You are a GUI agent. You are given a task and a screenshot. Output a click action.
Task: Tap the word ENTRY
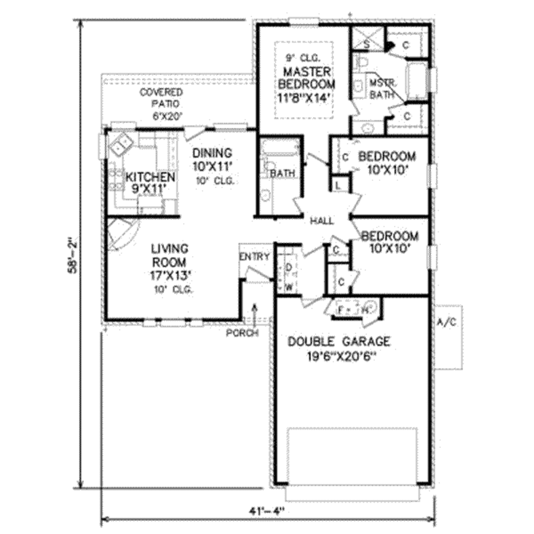pyautogui.click(x=255, y=257)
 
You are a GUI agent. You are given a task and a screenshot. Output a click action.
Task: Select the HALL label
pyautogui.click(x=322, y=221)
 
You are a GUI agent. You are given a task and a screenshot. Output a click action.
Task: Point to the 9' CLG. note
pyautogui.click(x=302, y=57)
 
